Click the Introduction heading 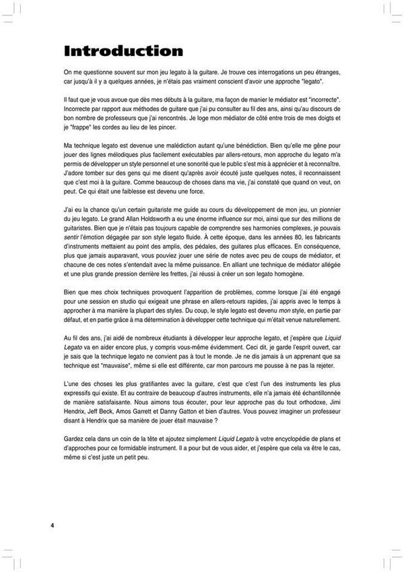point(123,51)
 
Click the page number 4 point(52,525)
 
